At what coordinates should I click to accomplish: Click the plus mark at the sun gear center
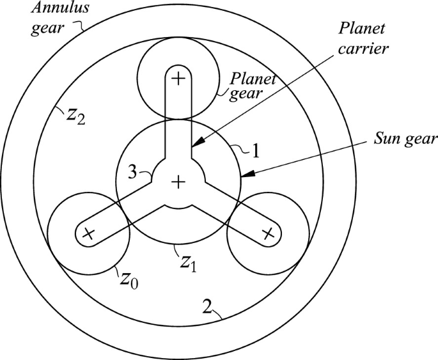(x=178, y=183)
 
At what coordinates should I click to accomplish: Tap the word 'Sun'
(x=386, y=138)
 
